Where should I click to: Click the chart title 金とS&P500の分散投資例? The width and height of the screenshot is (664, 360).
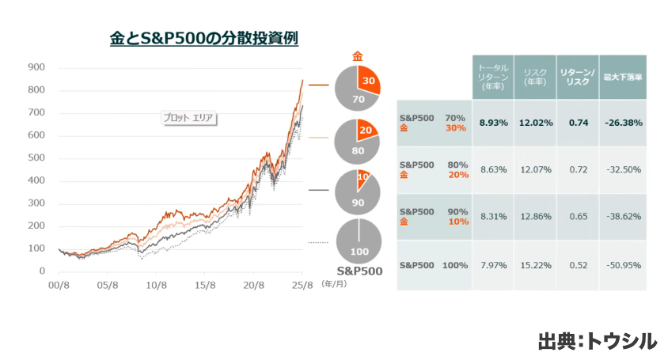click(203, 37)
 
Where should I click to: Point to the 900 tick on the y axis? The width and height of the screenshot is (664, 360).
click(36, 67)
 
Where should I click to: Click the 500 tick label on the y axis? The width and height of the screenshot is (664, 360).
click(36, 158)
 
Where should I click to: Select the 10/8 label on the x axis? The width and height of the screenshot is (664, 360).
click(156, 285)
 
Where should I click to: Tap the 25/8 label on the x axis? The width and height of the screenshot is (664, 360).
click(302, 285)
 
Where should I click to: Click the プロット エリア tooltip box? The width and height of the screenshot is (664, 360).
click(189, 118)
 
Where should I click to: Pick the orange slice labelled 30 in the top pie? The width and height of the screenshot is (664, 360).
click(368, 81)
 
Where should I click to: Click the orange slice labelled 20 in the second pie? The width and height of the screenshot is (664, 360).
click(366, 131)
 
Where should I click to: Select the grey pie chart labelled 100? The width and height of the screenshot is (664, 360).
click(359, 242)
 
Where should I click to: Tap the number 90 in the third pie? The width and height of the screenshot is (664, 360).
click(357, 202)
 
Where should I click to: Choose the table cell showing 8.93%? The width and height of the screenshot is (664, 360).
click(494, 123)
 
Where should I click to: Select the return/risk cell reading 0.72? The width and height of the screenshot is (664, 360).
click(577, 170)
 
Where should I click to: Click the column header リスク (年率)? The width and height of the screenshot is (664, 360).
click(534, 78)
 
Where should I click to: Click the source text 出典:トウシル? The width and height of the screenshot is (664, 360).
click(597, 341)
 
